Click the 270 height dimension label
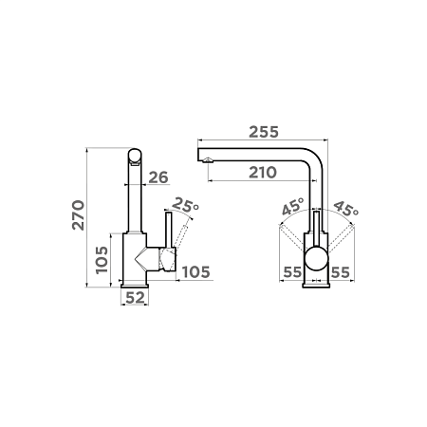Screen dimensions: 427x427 (x=79, y=215)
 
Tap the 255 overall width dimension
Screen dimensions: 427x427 (x=264, y=132)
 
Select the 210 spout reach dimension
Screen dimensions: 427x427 (x=263, y=173)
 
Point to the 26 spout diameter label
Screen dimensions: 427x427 (x=158, y=177)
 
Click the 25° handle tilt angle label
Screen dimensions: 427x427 (x=186, y=205)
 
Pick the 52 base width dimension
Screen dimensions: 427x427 (x=135, y=298)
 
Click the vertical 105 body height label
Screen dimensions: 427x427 (x=102, y=260)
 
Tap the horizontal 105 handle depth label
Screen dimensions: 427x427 (x=196, y=272)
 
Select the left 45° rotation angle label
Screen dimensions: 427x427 (x=293, y=206)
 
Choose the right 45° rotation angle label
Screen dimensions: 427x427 (x=346, y=209)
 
